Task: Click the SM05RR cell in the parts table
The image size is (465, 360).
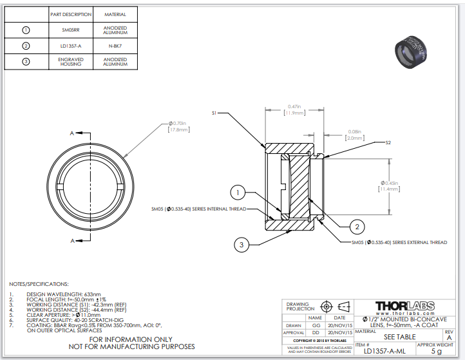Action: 71,30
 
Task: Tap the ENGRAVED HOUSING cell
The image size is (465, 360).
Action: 71,62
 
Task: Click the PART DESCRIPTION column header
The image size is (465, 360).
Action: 71,14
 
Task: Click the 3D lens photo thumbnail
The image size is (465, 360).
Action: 413,52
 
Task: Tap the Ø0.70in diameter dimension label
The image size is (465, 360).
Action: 178,126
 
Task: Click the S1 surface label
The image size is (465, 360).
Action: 215,113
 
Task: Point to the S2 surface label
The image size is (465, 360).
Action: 388,142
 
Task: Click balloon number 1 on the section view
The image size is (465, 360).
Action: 238,192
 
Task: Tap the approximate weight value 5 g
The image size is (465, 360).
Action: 436,352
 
